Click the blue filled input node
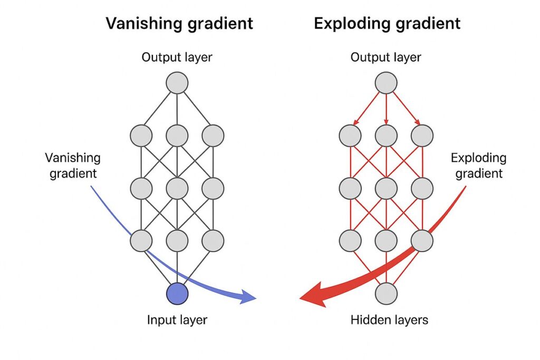tap(177, 294)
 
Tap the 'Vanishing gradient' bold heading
tap(179, 23)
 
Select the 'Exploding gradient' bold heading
tap(387, 23)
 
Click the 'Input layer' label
tap(177, 319)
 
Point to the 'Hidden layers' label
tap(386, 319)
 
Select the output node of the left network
tap(177, 83)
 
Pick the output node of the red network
tap(386, 83)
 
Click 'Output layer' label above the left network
tap(177, 57)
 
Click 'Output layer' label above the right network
tap(386, 57)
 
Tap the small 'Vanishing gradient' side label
tap(73, 166)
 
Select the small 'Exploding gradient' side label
tap(479, 166)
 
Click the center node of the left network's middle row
tap(177, 188)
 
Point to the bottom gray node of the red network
tap(386, 293)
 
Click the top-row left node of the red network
tap(350, 135)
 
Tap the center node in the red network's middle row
tap(386, 188)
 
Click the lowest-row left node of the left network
tap(141, 240)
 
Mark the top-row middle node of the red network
tap(386, 135)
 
